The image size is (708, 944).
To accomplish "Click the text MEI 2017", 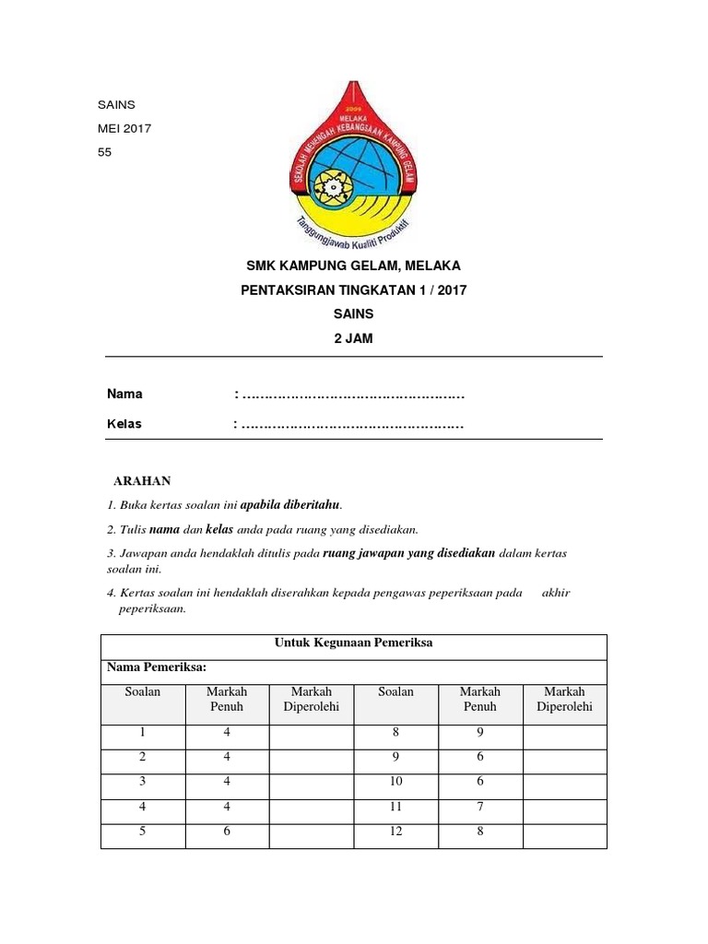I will (x=124, y=128).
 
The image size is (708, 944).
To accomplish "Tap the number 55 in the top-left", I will (x=104, y=152).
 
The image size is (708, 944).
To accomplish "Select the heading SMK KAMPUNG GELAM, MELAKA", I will (x=353, y=266).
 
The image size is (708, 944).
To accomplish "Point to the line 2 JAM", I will (x=353, y=338).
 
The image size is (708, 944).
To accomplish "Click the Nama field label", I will (x=124, y=394).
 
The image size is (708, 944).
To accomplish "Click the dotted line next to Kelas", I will (x=350, y=425).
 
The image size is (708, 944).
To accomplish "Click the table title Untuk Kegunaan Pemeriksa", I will (x=354, y=644).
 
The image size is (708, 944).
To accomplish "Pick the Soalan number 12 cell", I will (x=395, y=832).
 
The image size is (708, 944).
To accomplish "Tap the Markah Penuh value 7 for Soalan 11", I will (x=479, y=807).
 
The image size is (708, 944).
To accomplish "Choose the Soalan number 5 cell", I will (x=143, y=832).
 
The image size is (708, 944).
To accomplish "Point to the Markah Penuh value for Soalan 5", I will (x=226, y=832).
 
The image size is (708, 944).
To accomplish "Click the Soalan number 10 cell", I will (x=395, y=782).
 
